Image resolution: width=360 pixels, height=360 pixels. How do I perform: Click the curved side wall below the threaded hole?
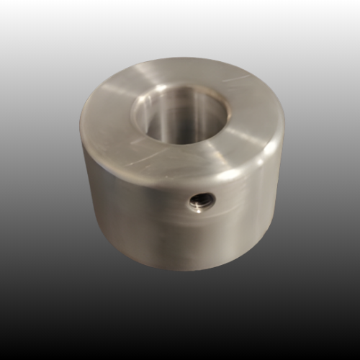tap(198, 241)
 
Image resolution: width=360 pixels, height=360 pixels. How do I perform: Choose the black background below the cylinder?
tap(180, 317)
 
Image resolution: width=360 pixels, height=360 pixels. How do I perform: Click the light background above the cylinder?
tap(180, 29)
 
